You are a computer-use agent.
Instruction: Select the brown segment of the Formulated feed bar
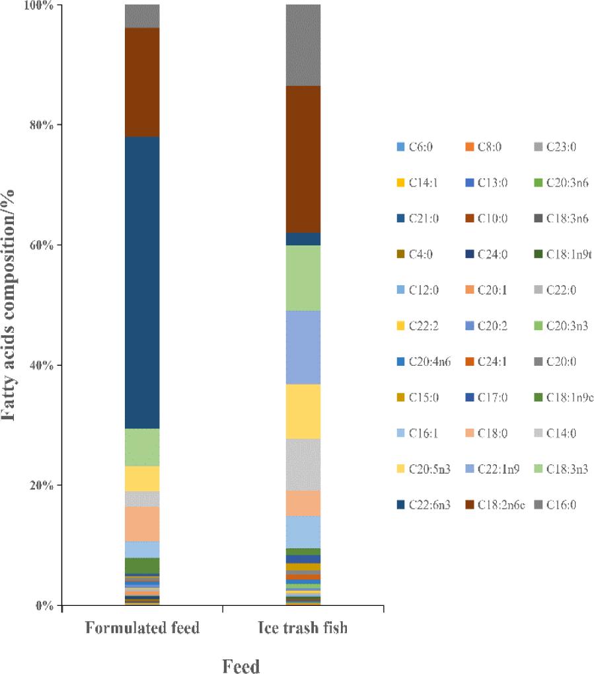[x=142, y=82]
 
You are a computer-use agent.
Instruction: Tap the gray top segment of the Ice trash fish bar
[x=303, y=45]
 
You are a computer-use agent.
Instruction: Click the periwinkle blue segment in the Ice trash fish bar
[x=303, y=347]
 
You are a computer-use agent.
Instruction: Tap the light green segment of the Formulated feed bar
[x=142, y=447]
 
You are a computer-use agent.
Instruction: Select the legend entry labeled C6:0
[x=416, y=147]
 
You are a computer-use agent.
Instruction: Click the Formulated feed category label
[x=142, y=628]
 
